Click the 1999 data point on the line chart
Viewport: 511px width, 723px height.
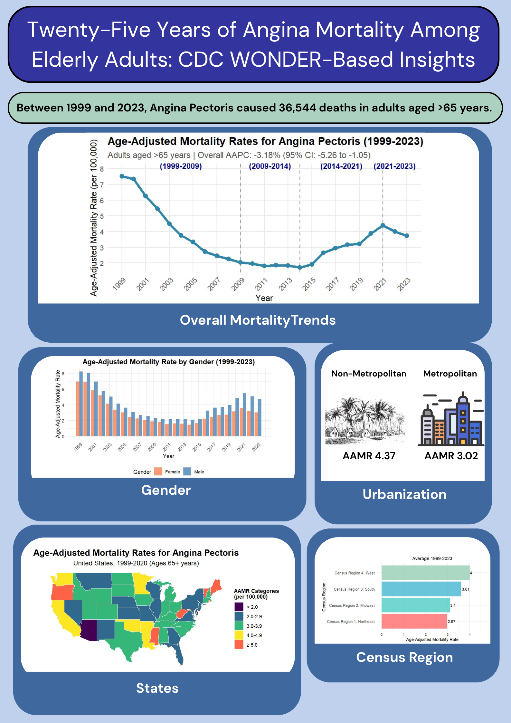pos(122,176)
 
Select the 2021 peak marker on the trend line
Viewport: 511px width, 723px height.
pos(383,225)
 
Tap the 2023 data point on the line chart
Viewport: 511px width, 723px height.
pos(407,236)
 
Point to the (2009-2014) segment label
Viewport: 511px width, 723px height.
pos(270,166)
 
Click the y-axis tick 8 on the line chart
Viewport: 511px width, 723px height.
pos(102,169)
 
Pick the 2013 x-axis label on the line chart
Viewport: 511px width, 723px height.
pos(285,284)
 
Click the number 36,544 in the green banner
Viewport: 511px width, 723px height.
pos(298,108)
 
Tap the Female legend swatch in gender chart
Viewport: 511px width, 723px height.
pos(158,471)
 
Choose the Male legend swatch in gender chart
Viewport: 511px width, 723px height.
pos(187,471)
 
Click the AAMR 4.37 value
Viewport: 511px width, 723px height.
pos(369,456)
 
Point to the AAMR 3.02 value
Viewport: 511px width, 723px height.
pos(451,456)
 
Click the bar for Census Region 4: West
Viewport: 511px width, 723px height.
pos(425,573)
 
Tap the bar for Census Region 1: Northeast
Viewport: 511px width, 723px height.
pos(414,621)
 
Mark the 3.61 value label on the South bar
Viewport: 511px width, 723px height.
pos(465,589)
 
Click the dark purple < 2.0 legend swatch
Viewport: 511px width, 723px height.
pos(239,607)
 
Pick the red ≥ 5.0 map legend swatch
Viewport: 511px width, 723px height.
pos(239,645)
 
